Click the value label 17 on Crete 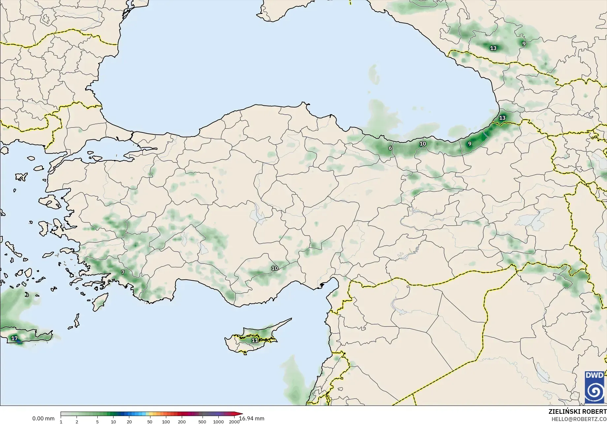15,338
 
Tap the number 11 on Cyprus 255,340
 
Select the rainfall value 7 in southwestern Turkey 123,272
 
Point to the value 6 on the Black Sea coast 390,148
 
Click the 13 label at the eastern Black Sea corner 502,118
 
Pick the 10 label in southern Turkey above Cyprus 274,268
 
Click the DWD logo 594,387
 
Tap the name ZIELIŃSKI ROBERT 577,412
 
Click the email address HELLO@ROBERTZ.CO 579,419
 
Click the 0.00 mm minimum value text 43,418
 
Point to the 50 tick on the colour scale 150,422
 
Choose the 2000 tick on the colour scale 234,422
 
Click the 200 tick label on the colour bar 182,422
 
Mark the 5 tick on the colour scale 97,422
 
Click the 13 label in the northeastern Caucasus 493,48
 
